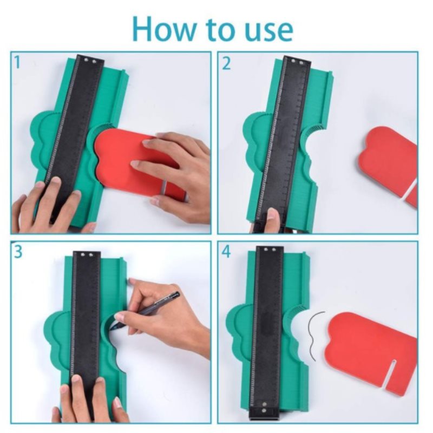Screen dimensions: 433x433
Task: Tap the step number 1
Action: (17, 62)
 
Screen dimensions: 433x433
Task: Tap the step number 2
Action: (226, 63)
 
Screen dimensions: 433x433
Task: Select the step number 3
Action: (18, 252)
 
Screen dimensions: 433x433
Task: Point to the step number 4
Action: (226, 252)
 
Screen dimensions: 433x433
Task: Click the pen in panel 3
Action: (145, 311)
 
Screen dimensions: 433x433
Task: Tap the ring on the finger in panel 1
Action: (164, 188)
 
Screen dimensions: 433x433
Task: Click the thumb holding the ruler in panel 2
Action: (273, 221)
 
